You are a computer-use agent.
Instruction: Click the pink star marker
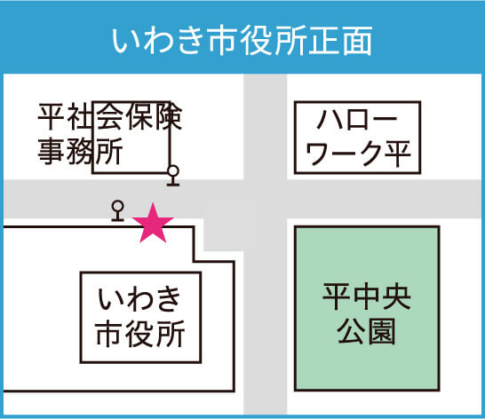[x=153, y=224]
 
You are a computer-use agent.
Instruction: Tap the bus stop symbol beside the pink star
[x=117, y=211]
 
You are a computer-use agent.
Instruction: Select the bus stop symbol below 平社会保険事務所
[x=173, y=176]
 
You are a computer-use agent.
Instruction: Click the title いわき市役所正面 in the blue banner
[x=242, y=41]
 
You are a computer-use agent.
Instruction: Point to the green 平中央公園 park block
[x=367, y=308]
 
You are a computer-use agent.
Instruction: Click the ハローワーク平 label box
[x=358, y=138]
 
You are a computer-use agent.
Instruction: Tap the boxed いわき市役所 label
[x=140, y=317]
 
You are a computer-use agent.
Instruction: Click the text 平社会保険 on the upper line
[x=110, y=116]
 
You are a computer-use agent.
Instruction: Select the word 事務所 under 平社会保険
[x=81, y=151]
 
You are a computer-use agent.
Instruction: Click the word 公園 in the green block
[x=367, y=331]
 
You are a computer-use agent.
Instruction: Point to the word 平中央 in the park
[x=367, y=296]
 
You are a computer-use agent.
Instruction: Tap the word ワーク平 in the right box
[x=358, y=154]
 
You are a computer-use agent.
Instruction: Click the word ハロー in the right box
[x=357, y=120]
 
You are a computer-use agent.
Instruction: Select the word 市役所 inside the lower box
[x=140, y=334]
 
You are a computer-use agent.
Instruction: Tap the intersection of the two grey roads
[x=266, y=199]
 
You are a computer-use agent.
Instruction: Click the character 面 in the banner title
[x=358, y=41]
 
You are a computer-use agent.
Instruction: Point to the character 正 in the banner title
[x=324, y=41]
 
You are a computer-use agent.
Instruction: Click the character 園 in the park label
[x=382, y=331]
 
